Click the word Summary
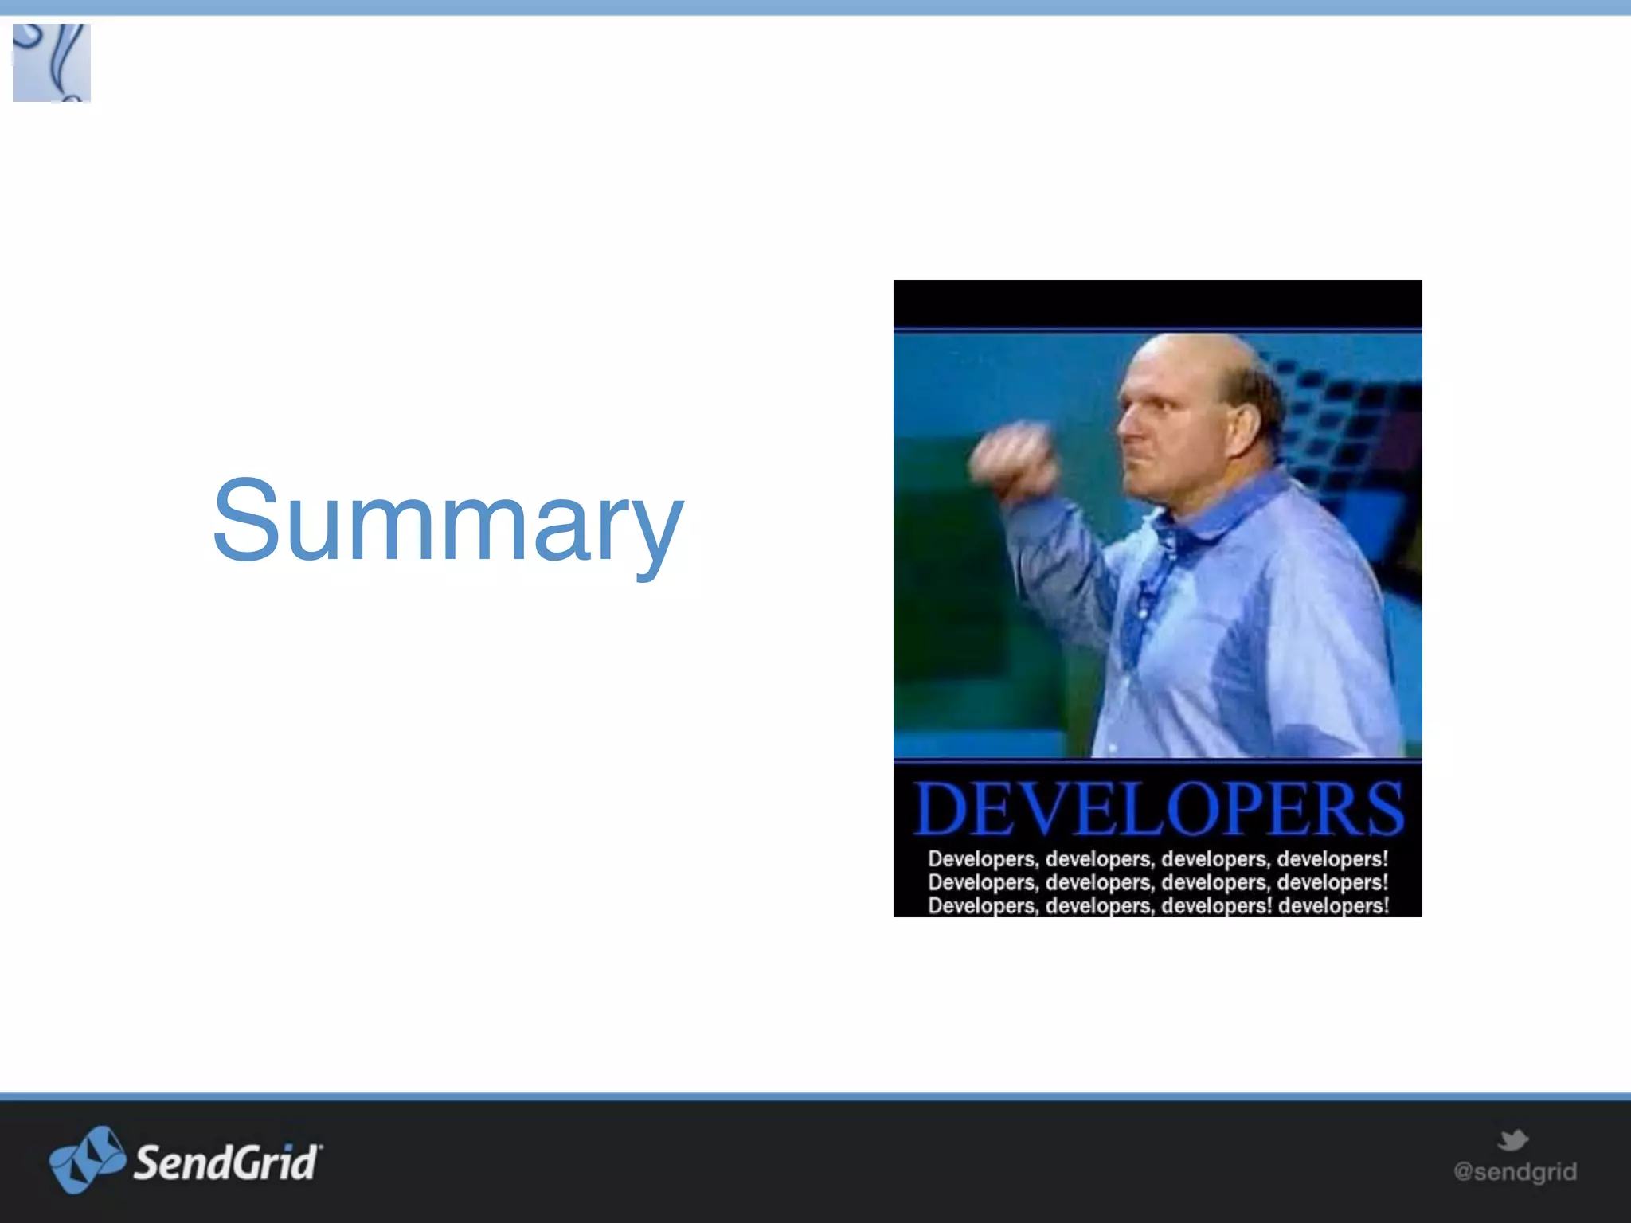[x=448, y=522]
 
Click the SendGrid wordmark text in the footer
[x=228, y=1162]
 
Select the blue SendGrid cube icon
[x=87, y=1159]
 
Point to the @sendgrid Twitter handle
[x=1515, y=1172]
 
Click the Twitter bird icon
[x=1512, y=1140]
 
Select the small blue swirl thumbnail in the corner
[x=52, y=63]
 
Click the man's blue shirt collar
[x=1242, y=510]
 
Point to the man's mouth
[x=1135, y=462]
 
